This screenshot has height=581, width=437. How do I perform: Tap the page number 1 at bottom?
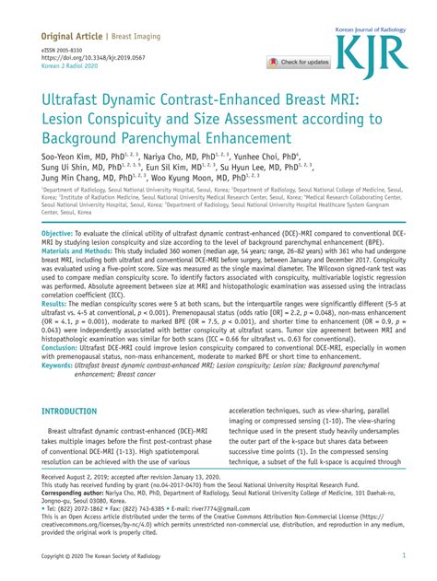coord(404,556)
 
